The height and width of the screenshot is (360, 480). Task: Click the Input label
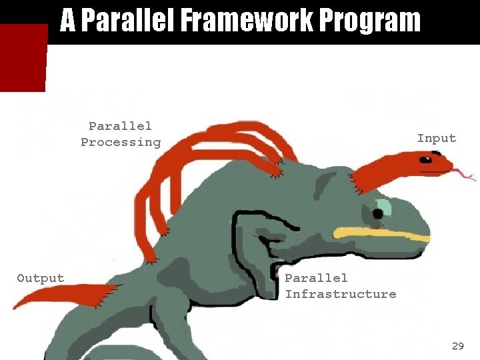pyautogui.click(x=437, y=139)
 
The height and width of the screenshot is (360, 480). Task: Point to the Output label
pyautogui.click(x=41, y=279)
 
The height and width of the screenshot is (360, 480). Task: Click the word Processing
pyautogui.click(x=121, y=142)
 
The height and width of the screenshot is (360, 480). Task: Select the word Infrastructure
pyautogui.click(x=341, y=294)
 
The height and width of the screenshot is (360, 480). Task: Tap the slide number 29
pyautogui.click(x=457, y=345)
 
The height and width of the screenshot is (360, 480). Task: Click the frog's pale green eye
pyautogui.click(x=383, y=209)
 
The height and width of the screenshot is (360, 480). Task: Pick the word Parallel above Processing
pyautogui.click(x=121, y=126)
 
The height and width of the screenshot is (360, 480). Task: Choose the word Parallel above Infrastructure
pyautogui.click(x=317, y=278)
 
